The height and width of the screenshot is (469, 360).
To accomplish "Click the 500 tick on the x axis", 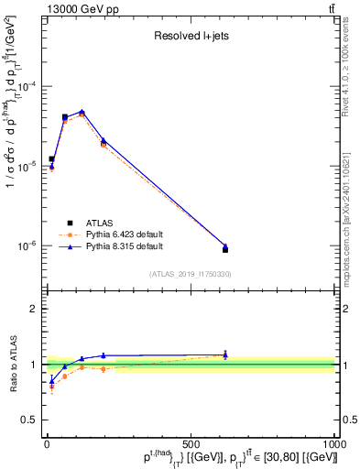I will (191, 443).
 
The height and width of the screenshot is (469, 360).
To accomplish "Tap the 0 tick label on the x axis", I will (47, 443).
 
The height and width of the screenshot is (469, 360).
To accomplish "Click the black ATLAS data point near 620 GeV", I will (225, 249).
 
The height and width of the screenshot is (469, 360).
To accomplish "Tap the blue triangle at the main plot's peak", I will (108, 112).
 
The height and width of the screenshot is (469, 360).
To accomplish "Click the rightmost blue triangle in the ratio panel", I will (225, 354).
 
